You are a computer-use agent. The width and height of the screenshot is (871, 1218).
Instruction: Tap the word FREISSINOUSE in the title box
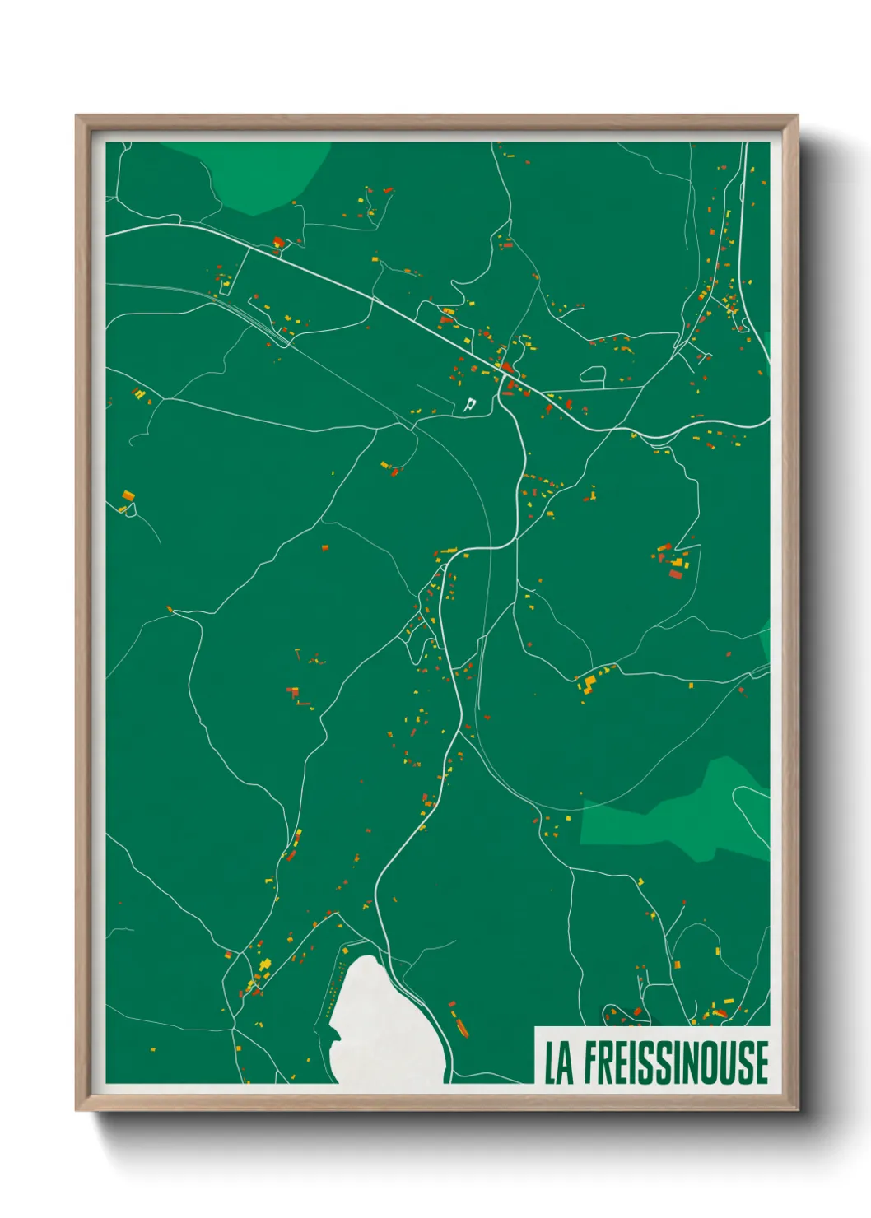[x=677, y=1062]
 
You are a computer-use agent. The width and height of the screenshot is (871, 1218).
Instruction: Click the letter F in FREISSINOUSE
[x=593, y=1062]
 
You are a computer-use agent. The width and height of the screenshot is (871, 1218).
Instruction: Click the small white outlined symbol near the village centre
[x=470, y=404]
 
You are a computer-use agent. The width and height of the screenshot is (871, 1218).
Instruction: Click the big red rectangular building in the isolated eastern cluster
[x=676, y=574]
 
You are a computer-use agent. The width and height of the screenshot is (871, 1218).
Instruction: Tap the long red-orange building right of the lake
[x=459, y=1025]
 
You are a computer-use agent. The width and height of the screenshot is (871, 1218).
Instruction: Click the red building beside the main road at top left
[x=278, y=243]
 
